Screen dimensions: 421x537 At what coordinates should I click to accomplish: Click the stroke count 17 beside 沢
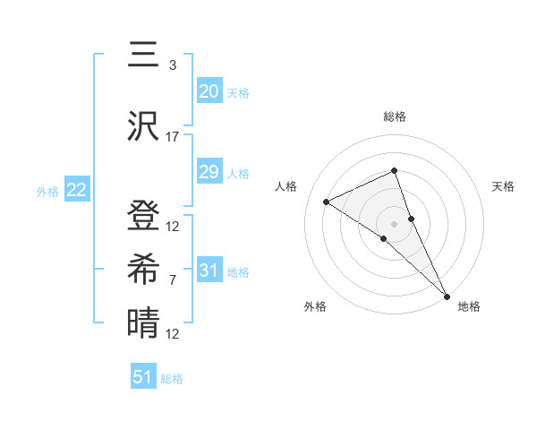tap(173, 137)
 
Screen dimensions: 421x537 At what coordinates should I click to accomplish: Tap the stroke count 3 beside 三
tap(173, 65)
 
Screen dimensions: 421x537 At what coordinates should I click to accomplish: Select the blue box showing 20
tap(209, 90)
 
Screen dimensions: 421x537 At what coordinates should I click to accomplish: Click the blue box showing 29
tap(209, 172)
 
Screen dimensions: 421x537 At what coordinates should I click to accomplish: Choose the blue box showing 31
tap(209, 270)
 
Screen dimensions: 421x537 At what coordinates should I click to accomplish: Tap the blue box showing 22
tap(76, 189)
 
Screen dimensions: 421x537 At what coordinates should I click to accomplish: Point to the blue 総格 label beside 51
tap(172, 379)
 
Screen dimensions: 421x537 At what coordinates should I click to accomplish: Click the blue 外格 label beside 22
tap(47, 191)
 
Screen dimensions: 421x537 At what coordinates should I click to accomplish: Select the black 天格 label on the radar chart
tap(504, 186)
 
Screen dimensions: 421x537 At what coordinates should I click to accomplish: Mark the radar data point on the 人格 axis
tap(327, 202)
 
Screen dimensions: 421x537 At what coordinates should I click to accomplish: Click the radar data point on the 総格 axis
tap(394, 171)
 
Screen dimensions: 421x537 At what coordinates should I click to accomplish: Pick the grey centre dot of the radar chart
tap(394, 223)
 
